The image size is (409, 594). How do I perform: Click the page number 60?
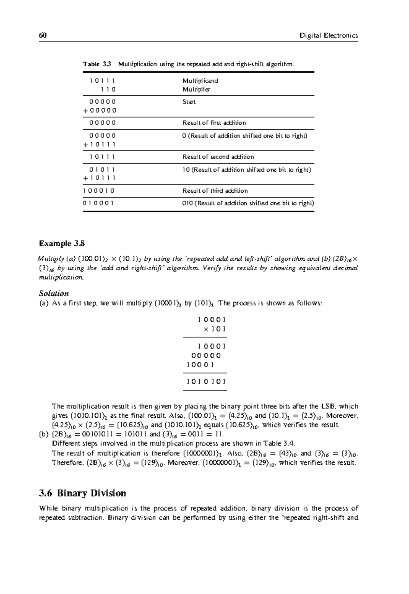[43, 35]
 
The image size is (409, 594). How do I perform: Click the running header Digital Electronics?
[329, 35]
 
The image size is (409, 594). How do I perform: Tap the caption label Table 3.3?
[97, 64]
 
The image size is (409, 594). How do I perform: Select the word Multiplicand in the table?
[200, 81]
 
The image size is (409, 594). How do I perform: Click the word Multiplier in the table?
[196, 90]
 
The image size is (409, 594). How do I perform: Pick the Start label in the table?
[189, 102]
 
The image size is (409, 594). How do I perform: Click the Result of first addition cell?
[214, 123]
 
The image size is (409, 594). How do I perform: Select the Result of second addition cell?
[218, 157]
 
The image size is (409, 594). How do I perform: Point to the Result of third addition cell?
[215, 191]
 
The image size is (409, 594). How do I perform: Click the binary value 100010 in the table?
[99, 191]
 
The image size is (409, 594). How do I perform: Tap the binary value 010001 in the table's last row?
[99, 203]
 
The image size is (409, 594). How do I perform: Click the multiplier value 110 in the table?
[108, 90]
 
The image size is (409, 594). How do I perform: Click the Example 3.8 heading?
[62, 243]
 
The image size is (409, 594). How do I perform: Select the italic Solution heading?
[54, 293]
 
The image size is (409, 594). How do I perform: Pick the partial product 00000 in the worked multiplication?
[206, 356]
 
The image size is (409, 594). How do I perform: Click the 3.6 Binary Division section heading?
[82, 493]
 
